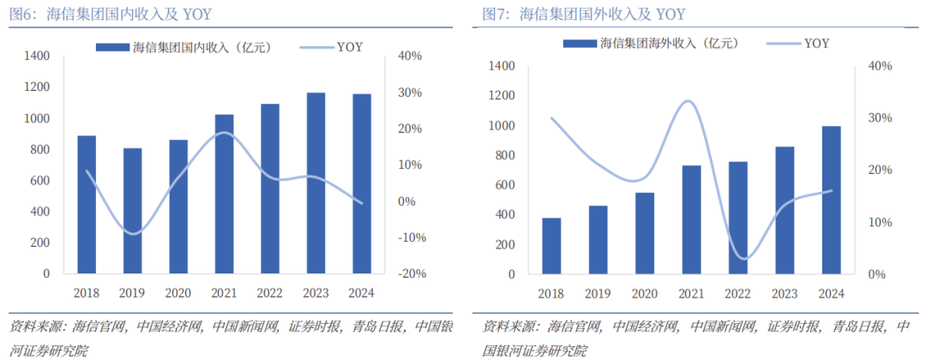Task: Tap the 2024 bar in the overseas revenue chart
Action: [x=831, y=201]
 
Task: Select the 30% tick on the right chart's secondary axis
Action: [x=880, y=118]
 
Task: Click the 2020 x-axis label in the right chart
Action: [x=645, y=294]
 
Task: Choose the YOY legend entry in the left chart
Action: [x=349, y=46]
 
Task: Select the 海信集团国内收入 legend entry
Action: [x=207, y=46]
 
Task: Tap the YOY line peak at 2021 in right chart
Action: [x=690, y=101]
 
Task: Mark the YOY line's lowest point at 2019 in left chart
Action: [x=131, y=233]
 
